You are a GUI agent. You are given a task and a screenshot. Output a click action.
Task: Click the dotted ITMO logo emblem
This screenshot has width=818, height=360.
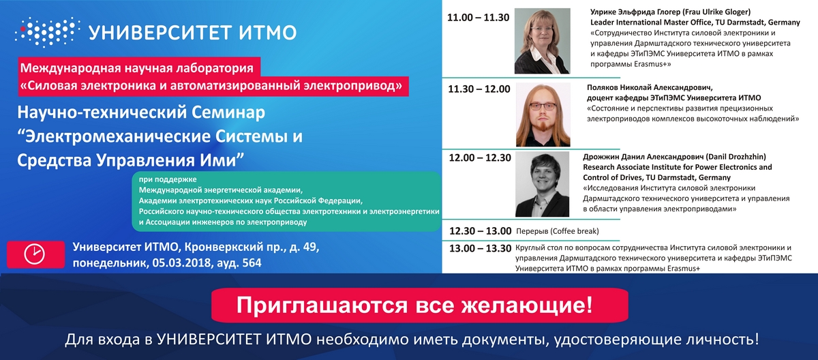coord(48,32)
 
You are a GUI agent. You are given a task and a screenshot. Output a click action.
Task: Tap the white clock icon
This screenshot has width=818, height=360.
coord(35,254)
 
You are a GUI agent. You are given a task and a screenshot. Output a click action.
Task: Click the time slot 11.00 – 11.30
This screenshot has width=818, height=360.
coord(478,18)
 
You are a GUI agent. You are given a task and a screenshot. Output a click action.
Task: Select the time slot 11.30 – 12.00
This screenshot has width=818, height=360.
coord(479,89)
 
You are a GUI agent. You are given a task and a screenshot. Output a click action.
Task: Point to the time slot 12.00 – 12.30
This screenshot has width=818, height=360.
coord(480,157)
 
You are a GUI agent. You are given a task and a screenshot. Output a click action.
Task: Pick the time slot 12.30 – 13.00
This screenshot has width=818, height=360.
coord(480,231)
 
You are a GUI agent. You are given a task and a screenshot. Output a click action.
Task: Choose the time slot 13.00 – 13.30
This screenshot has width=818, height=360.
coord(480,248)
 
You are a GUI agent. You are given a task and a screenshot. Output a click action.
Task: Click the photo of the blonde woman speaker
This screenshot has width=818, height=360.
coord(543,41)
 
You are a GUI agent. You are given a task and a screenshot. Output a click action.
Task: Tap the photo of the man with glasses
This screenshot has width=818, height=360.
coord(543,115)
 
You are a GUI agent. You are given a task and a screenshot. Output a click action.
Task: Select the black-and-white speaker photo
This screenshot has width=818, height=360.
coord(543,184)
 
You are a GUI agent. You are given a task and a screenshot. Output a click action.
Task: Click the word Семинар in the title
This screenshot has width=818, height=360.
coord(228,112)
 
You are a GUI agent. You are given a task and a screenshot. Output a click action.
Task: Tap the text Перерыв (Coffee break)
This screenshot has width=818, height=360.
coord(558,231)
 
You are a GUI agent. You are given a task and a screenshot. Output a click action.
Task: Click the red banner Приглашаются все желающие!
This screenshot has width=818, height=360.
coord(420,305)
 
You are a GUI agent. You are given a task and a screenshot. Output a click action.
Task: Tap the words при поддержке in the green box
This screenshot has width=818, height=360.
coord(168,179)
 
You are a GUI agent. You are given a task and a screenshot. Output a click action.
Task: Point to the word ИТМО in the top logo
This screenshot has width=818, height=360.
coord(268,33)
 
